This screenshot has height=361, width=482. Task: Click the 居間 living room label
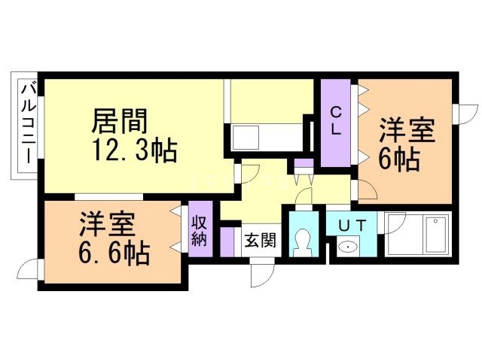click(120, 121)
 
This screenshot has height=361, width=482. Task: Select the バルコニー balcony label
click(25, 126)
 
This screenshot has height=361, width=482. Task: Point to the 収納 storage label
click(200, 230)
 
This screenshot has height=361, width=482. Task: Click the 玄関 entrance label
click(260, 241)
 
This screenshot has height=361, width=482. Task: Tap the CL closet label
click(337, 120)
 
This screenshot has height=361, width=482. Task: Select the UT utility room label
click(352, 224)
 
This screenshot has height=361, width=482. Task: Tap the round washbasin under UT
click(348, 246)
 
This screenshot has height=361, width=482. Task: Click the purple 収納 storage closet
click(200, 231)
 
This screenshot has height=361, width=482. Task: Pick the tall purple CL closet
click(337, 124)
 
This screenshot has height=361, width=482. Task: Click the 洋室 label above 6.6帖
click(108, 223)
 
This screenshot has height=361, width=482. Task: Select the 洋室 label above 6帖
click(406, 129)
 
